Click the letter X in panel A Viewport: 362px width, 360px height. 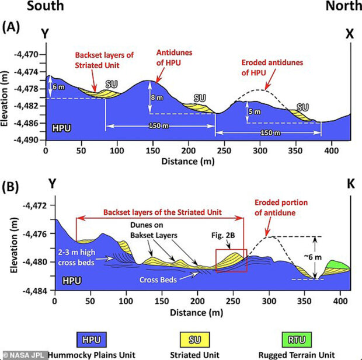click(350, 34)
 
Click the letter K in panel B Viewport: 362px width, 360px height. click(349, 198)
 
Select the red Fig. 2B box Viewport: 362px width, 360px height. click(231, 260)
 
